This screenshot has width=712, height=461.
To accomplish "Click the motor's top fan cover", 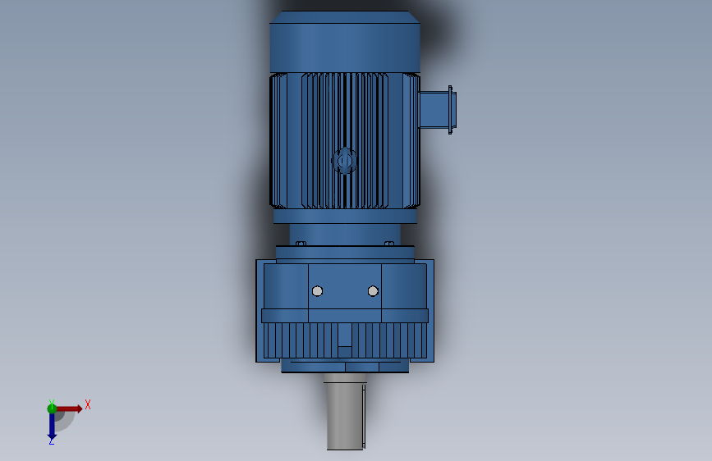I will click(345, 45).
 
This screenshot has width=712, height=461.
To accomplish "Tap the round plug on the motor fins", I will click(344, 161).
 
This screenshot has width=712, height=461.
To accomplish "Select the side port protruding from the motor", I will click(433, 110).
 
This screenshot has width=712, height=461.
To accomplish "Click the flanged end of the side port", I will click(451, 110).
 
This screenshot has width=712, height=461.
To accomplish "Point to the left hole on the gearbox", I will click(318, 291).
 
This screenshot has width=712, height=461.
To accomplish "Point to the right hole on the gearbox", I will click(373, 291).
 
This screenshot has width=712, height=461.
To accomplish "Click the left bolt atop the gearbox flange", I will click(301, 244).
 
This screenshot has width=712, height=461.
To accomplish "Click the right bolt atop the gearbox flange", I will click(389, 244).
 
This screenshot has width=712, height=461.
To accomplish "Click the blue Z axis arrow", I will click(52, 424).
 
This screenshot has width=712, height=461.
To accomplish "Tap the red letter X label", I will click(88, 404).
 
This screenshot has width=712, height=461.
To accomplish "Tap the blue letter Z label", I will click(51, 441).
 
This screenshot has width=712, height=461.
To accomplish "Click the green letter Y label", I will click(51, 402).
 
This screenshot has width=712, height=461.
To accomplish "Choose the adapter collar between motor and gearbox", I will click(345, 234).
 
